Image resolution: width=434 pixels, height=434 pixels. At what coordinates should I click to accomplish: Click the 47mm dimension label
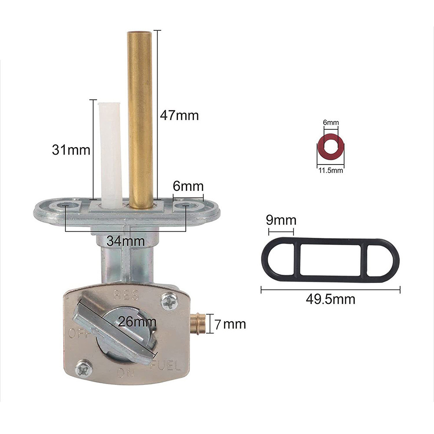(x=179, y=115)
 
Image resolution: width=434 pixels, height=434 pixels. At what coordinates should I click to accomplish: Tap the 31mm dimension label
(x=71, y=150)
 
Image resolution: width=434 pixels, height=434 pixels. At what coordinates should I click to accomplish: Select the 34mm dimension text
(x=126, y=241)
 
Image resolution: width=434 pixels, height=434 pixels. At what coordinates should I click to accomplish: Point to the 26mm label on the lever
(x=137, y=322)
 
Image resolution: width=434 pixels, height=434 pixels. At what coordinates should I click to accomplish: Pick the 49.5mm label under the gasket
(x=330, y=299)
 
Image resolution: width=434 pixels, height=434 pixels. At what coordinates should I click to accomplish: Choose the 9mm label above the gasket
(x=281, y=220)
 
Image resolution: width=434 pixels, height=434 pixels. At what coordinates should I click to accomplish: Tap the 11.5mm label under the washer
(x=331, y=170)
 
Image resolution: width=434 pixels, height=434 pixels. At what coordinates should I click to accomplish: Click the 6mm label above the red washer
(x=331, y=122)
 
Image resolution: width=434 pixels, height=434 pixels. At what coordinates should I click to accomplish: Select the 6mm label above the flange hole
(x=188, y=186)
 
